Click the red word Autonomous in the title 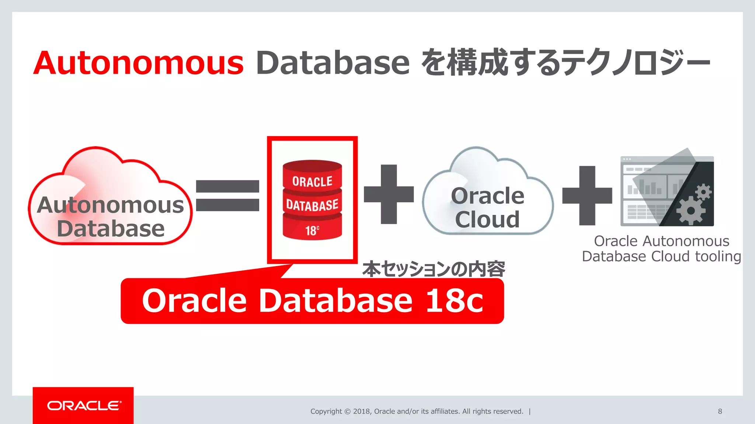pos(139,63)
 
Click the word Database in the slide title pos(333,63)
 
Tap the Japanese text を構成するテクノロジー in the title pos(566,63)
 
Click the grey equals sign pos(227,195)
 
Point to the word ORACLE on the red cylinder pos(312,181)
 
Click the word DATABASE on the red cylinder pos(312,205)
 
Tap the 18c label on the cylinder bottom pos(312,230)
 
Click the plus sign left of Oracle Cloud pos(389,194)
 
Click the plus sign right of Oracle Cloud pos(587,195)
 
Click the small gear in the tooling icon pos(703,192)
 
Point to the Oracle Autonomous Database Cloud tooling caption pos(661,249)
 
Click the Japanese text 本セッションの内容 pos(434,269)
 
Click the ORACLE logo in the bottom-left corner pos(84,406)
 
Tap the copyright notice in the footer pos(417,411)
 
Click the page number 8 pos(720,411)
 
